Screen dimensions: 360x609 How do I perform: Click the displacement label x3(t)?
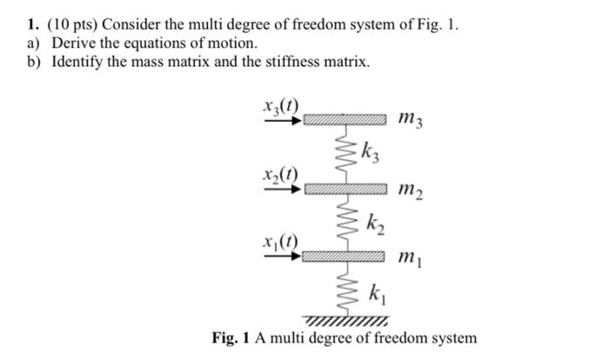point(279,109)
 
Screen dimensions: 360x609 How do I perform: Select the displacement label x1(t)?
point(279,243)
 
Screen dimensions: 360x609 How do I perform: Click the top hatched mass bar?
point(345,121)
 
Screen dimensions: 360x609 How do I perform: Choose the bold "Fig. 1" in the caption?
point(232,338)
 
